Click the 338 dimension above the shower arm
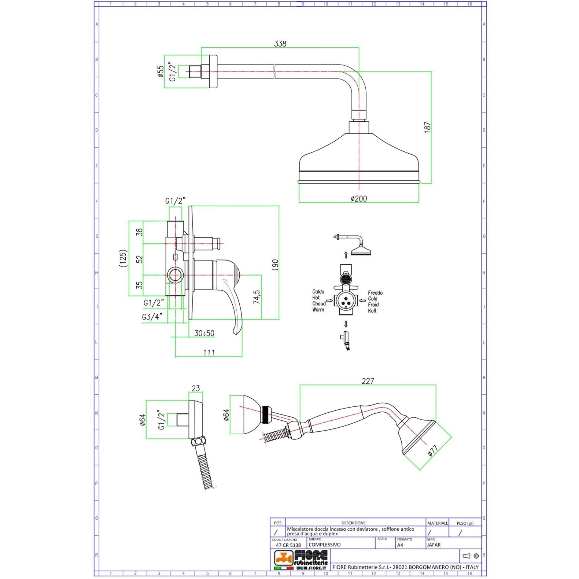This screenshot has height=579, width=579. (280, 44)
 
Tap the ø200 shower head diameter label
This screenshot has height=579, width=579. (359, 199)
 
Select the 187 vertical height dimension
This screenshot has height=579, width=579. (427, 127)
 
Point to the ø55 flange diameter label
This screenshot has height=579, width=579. (160, 71)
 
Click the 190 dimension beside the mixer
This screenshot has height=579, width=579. (275, 265)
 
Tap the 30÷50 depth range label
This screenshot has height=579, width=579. (204, 333)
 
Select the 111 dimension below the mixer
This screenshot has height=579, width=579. (209, 353)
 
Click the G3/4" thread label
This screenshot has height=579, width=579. (152, 317)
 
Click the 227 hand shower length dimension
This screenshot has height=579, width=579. (368, 381)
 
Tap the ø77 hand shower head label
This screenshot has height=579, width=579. (432, 450)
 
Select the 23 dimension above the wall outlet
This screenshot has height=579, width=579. (196, 388)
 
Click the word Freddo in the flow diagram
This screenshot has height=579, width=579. (375, 293)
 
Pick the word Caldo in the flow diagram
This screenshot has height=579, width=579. (318, 292)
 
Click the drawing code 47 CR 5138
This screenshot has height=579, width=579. (288, 545)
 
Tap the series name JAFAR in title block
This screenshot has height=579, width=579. (434, 545)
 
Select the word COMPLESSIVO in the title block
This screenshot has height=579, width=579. (325, 545)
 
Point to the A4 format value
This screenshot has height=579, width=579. (400, 545)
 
